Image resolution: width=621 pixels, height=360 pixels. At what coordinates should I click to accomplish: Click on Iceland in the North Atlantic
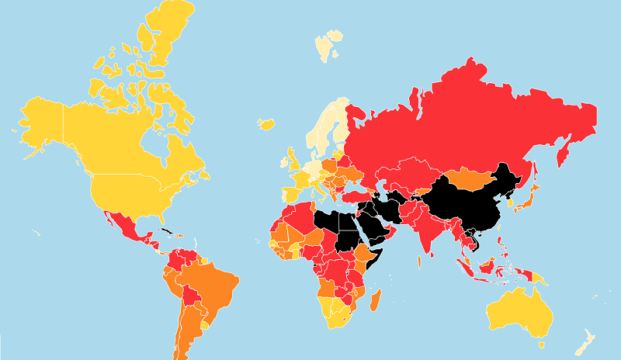pos(268,123)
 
